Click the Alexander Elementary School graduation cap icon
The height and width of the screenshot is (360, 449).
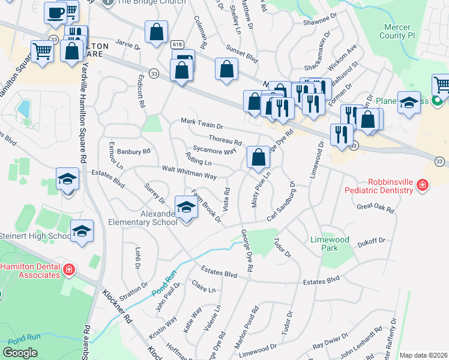(187, 208)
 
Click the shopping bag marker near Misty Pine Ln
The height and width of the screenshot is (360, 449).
(258, 158)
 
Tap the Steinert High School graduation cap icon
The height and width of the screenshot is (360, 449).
(82, 230)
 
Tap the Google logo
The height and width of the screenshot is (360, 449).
(20, 353)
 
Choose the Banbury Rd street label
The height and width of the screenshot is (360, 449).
(134, 152)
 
